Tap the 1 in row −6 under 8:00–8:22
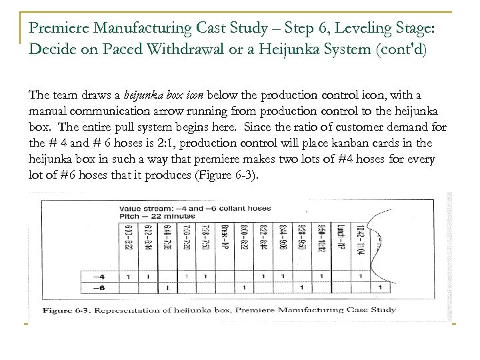[245, 287]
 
